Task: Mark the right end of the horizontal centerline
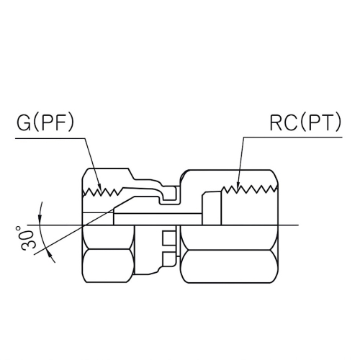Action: pos(297,225)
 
